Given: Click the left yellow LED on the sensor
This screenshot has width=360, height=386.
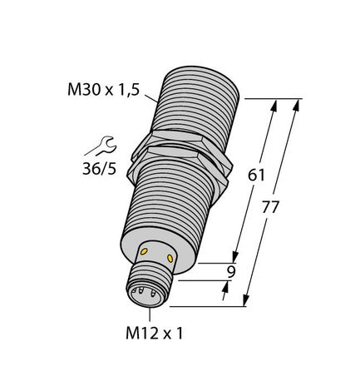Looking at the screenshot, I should pos(146,250).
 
